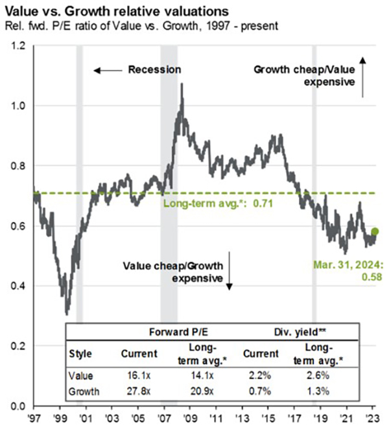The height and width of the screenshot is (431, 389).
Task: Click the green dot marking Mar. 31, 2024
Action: [x=374, y=231]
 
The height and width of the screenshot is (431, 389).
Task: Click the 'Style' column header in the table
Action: [x=80, y=355]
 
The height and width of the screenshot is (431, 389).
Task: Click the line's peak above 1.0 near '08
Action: [x=182, y=85]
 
